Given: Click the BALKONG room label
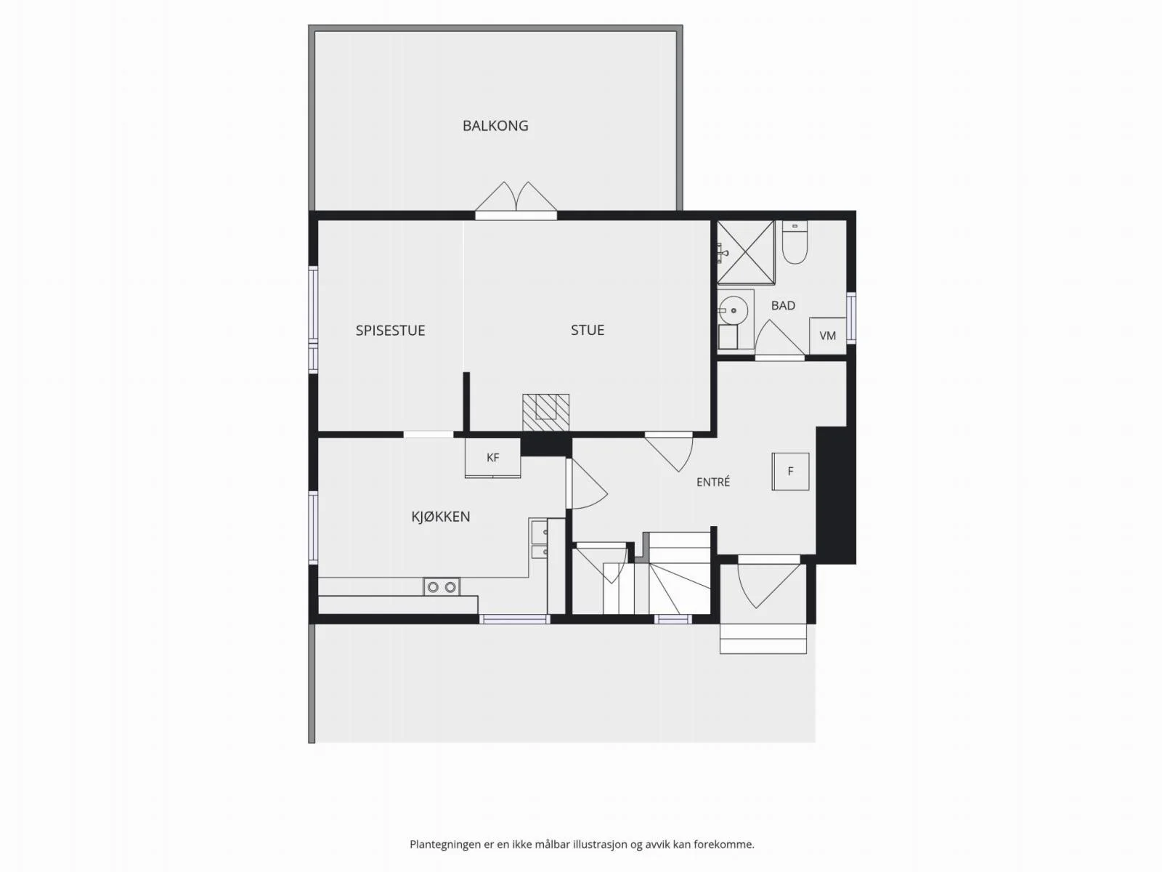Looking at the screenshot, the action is pos(495,126).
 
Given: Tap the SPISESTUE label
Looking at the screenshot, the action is pos(390,331).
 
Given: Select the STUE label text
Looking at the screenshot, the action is pos(587,330).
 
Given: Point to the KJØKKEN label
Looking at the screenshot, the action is pos(440,516).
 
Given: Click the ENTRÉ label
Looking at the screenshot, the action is pos(713,482).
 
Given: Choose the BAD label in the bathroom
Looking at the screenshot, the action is pos(783,305).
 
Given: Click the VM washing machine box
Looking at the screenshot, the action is pos(827,336).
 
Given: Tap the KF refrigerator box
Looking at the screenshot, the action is pos(493,458).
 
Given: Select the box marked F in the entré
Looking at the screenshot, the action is pos(790,471).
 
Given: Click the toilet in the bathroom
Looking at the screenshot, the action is pos(795,243).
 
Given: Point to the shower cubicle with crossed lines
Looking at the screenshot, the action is pos(746,253).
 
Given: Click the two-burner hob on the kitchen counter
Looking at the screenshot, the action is pos(442,586).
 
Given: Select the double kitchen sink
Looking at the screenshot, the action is pos(538,539).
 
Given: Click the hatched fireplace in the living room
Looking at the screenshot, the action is pos(546,413).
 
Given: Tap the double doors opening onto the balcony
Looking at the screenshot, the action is pos(516,201).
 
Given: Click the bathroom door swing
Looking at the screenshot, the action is pos(779,339).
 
